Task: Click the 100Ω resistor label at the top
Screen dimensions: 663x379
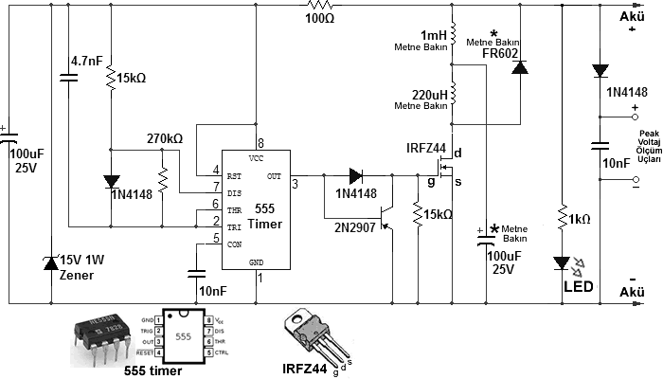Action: [x=320, y=19]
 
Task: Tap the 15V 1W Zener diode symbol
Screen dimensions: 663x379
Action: [x=51, y=263]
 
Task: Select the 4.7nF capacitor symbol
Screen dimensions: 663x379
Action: [x=68, y=78]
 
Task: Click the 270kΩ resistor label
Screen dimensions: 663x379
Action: [x=165, y=138]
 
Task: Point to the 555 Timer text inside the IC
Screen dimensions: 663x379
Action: [x=264, y=216]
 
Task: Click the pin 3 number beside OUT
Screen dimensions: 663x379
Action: [x=296, y=184]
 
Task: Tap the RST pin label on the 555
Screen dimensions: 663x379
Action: [x=234, y=176]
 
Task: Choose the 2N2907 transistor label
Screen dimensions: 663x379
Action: [x=355, y=228]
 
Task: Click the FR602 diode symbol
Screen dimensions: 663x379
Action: [x=520, y=67]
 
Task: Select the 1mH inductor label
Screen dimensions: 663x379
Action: [x=434, y=35]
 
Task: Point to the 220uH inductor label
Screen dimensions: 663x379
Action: [x=430, y=95]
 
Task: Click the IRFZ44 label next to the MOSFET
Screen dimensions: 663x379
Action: [x=426, y=148]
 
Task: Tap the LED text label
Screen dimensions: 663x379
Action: [x=579, y=287]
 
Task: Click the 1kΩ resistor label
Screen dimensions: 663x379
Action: [x=580, y=219]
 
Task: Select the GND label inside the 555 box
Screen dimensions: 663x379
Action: [x=257, y=262]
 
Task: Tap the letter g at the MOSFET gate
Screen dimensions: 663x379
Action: [x=431, y=182]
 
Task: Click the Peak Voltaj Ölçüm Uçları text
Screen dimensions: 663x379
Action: [x=649, y=146]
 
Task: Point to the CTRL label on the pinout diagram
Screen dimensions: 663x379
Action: [x=222, y=352]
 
